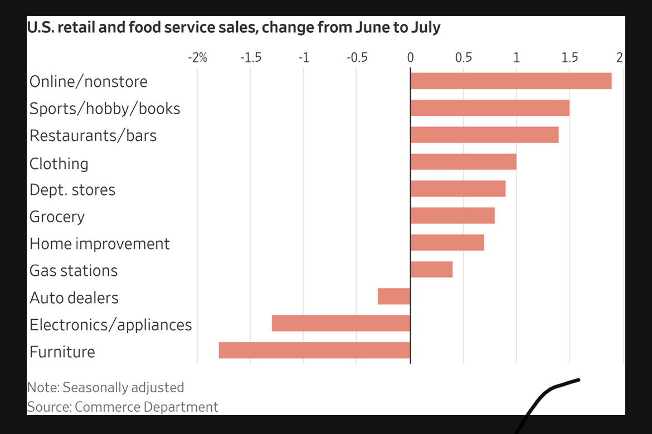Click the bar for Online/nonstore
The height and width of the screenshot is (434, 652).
click(x=510, y=81)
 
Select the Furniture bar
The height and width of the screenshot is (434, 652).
click(x=314, y=350)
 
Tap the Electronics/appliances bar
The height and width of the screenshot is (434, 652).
click(x=341, y=323)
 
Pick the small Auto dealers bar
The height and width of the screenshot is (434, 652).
click(x=394, y=296)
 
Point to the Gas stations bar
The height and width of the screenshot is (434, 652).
click(x=431, y=270)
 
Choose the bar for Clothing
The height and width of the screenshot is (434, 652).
click(x=463, y=162)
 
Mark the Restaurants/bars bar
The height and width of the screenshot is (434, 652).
click(x=484, y=135)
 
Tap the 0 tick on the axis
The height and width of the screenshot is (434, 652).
click(x=410, y=57)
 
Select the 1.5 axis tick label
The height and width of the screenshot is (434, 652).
click(x=570, y=57)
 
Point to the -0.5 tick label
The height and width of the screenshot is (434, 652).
click(x=357, y=57)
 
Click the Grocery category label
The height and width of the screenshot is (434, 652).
click(x=57, y=216)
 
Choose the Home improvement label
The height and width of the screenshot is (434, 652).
click(x=99, y=243)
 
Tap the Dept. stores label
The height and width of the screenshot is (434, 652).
click(x=72, y=189)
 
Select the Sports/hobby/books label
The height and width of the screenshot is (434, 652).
click(x=105, y=108)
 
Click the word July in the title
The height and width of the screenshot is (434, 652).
click(x=425, y=27)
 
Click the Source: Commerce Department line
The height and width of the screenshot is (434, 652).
click(x=123, y=407)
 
